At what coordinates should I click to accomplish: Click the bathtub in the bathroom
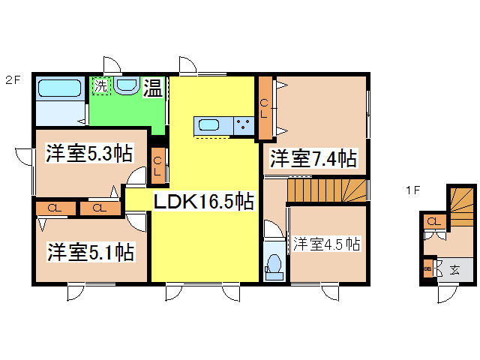click(60, 88)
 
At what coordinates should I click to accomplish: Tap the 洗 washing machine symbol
click(100, 86)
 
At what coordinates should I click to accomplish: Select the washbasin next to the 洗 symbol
click(127, 85)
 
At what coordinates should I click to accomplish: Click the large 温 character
click(153, 88)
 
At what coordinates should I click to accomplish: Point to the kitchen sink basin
click(209, 125)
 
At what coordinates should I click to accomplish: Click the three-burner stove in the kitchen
click(244, 125)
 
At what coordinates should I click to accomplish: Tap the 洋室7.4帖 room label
click(313, 158)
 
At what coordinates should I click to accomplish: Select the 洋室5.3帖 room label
click(89, 153)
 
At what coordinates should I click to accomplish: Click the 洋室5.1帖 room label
click(91, 252)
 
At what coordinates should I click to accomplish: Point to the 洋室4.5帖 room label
click(326, 244)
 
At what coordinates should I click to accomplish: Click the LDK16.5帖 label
click(203, 201)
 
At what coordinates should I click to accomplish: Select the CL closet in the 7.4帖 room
click(265, 108)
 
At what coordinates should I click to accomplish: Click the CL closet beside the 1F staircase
click(434, 221)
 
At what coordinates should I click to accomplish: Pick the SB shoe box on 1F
click(428, 268)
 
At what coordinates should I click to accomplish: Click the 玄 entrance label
click(454, 270)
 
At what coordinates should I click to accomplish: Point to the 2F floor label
click(13, 80)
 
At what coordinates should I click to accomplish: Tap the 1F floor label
click(413, 190)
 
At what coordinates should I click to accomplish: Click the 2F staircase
click(327, 190)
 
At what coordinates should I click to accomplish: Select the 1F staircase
click(462, 207)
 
